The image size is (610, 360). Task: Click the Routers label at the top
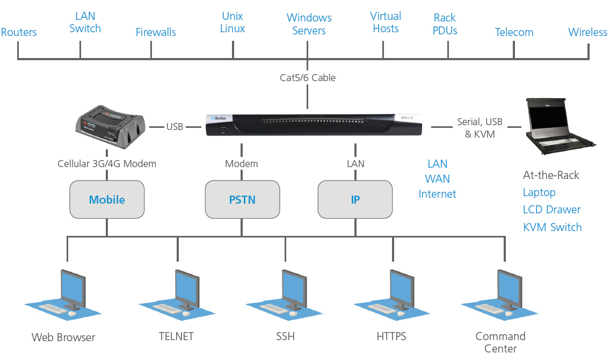(19, 32)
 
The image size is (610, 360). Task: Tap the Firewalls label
(156, 32)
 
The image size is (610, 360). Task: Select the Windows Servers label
(309, 24)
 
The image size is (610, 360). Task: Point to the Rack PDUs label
(445, 24)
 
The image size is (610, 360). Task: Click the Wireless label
(587, 32)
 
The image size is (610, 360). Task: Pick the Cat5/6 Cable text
(308, 77)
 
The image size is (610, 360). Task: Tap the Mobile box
(107, 200)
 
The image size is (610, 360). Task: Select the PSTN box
(242, 200)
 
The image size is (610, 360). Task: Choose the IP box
(355, 200)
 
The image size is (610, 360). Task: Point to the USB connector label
(175, 127)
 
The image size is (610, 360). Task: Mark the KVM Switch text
(552, 227)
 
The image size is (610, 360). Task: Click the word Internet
(437, 194)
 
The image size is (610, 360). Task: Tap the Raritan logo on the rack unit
(219, 118)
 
